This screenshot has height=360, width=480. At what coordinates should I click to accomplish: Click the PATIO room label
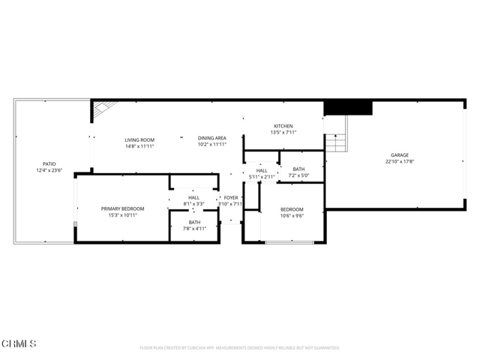click(49, 163)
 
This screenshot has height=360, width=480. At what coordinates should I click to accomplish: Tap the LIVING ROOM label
click(139, 139)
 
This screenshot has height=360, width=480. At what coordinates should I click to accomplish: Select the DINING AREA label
click(212, 139)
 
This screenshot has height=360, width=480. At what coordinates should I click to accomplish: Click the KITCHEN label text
click(283, 126)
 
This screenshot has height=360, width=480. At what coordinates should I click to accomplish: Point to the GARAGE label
click(399, 155)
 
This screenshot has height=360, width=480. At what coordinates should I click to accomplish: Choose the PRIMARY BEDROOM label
click(123, 208)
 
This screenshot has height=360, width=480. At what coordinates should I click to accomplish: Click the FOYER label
click(231, 197)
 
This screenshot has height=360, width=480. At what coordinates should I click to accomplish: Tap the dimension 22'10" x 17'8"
click(399, 161)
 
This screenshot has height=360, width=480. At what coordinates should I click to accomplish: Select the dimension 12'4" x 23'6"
click(49, 170)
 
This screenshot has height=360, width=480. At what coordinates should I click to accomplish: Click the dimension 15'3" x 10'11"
click(123, 215)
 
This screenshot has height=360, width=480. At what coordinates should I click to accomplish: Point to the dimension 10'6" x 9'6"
click(292, 215)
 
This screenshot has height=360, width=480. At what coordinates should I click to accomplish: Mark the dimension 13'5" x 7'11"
click(283, 133)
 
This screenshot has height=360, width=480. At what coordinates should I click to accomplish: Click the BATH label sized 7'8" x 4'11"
click(194, 222)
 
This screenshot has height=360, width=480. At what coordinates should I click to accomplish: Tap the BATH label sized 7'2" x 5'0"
click(298, 169)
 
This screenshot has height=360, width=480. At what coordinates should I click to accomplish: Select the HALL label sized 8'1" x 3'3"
click(193, 197)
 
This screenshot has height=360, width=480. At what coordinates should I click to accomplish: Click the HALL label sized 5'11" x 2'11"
click(262, 170)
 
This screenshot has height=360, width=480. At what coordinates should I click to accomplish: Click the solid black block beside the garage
click(348, 108)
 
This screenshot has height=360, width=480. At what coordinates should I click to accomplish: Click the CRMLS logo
click(19, 343)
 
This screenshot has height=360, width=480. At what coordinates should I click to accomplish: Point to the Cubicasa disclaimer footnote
click(240, 348)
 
